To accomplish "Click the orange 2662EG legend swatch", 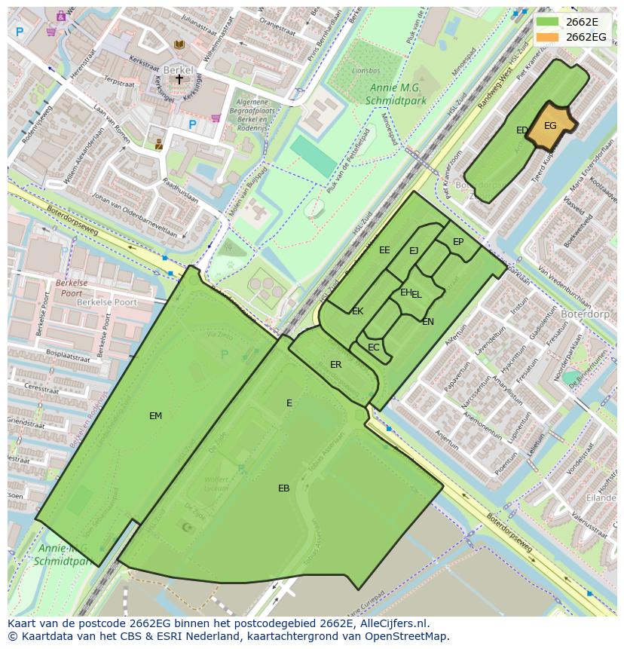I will tap(548, 37).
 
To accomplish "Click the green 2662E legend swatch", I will tap(548, 22).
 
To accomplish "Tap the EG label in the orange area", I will tap(550, 126).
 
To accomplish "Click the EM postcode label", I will tap(155, 415).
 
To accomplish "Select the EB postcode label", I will tap(283, 488).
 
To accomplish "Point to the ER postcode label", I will tap(335, 365).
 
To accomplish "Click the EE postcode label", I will tap(384, 250).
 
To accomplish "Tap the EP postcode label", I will tap(458, 242).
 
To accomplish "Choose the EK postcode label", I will tap(357, 311).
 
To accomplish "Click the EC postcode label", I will tap(373, 347).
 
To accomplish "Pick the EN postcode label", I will tap(428, 322).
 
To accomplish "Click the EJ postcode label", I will tap(414, 251).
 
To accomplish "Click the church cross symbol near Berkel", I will tap(179, 78).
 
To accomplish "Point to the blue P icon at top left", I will tap(20, 32).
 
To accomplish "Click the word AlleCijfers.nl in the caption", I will tap(393, 623).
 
